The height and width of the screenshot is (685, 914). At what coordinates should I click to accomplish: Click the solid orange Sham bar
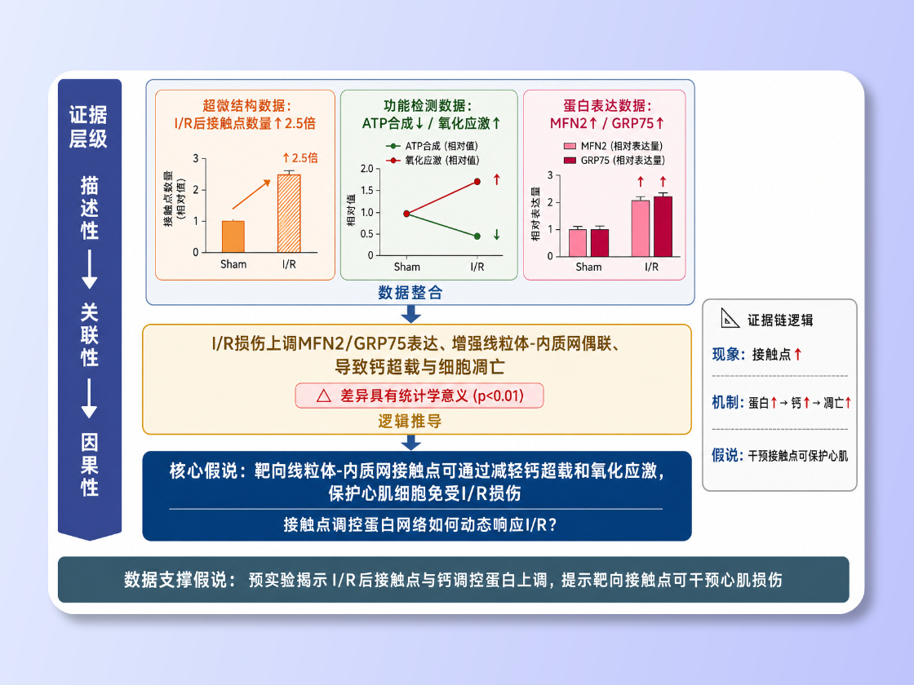tap(233, 236)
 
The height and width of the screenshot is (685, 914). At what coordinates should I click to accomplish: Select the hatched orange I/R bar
tap(289, 213)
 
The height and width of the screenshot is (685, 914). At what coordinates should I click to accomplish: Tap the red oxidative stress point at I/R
tap(477, 182)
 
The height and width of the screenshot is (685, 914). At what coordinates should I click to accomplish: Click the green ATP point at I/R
tap(477, 236)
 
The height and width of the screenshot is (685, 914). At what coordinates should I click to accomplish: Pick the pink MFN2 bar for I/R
tap(641, 228)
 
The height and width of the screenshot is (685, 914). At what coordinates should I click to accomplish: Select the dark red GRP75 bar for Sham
tap(600, 242)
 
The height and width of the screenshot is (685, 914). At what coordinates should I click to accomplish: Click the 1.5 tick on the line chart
tap(366, 191)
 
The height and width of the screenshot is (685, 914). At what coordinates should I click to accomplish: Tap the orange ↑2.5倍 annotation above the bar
tap(300, 158)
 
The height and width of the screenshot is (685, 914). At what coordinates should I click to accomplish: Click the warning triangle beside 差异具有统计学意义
tap(323, 396)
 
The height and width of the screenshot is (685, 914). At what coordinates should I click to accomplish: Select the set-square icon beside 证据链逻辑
tap(730, 318)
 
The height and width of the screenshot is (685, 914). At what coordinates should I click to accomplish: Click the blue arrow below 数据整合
tap(411, 313)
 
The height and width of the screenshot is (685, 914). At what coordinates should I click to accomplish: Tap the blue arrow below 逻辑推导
tap(411, 442)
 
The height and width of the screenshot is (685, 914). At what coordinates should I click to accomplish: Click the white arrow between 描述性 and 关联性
tap(89, 269)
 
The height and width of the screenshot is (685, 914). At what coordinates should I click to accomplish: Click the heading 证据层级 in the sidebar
tap(89, 126)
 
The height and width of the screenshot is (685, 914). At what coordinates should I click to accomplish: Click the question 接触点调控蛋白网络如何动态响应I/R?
tap(420, 525)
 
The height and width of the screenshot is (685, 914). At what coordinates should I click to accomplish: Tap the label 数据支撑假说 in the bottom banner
tap(175, 580)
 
